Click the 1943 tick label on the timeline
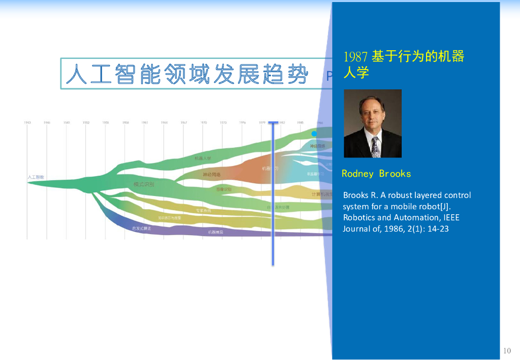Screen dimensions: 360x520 click(27, 122)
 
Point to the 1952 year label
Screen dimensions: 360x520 click(86, 122)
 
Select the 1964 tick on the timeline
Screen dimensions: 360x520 click(165, 122)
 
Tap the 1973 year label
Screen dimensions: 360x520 click(223, 122)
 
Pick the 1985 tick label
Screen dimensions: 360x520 click(301, 122)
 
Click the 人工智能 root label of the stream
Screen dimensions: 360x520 click(36, 177)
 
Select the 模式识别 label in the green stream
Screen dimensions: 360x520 click(144, 184)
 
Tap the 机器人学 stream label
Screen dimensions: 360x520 click(203, 158)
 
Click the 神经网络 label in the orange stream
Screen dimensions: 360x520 click(212, 175)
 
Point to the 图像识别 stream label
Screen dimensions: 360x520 click(224, 189)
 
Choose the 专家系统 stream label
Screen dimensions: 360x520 click(204, 210)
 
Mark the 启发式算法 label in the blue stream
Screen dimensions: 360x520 click(142, 228)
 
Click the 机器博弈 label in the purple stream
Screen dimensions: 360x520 click(215, 232)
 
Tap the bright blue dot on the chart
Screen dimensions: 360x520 click(314, 134)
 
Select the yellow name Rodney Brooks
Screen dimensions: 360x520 click(376, 174)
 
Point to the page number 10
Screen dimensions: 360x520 click(507, 350)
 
